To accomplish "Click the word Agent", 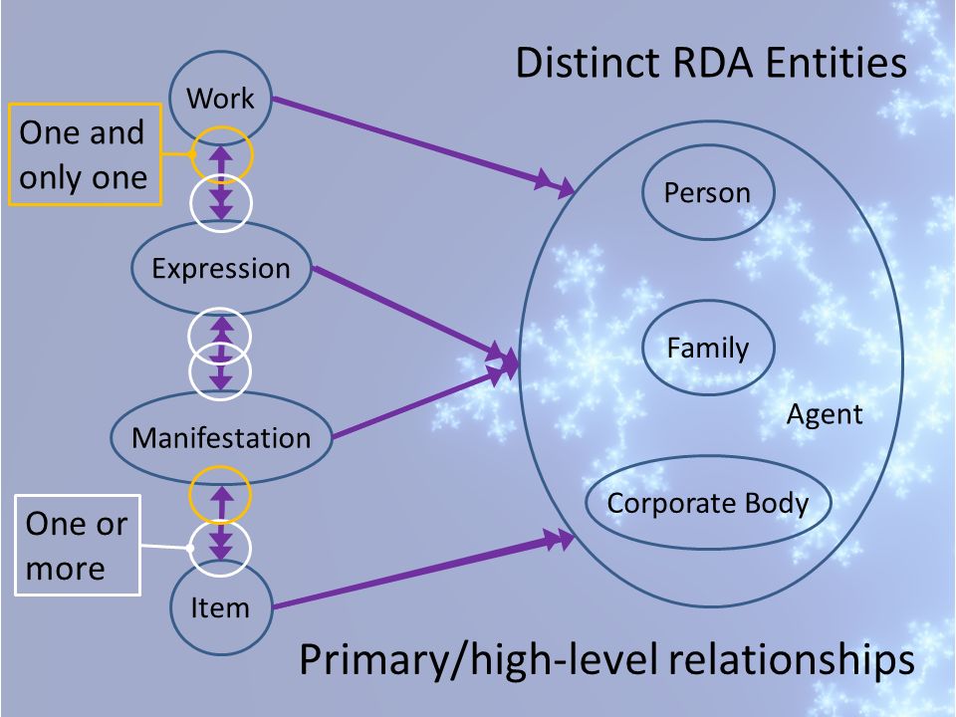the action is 825,414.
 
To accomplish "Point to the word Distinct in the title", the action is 588,63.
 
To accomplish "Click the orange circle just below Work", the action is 221,126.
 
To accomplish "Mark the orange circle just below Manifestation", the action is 220,467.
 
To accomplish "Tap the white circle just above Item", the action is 220,520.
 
